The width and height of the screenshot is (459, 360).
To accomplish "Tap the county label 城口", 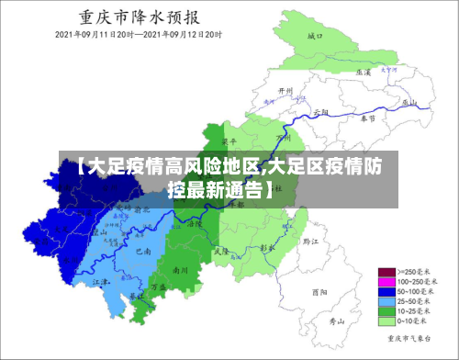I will (x=316, y=36).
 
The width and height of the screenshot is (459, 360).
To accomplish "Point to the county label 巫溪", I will (x=364, y=71).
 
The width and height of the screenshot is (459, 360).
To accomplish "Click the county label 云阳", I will (x=320, y=110).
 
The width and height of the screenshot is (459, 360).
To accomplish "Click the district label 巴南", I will (x=143, y=250).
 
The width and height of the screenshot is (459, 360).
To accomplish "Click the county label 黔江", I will (x=309, y=242).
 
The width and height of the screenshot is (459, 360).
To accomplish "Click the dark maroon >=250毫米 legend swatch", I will (x=385, y=273).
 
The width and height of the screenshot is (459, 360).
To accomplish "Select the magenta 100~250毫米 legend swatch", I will (x=385, y=283).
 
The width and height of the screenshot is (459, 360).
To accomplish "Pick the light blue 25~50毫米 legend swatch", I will (x=385, y=302).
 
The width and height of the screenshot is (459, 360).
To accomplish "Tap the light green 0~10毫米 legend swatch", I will (x=385, y=322).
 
